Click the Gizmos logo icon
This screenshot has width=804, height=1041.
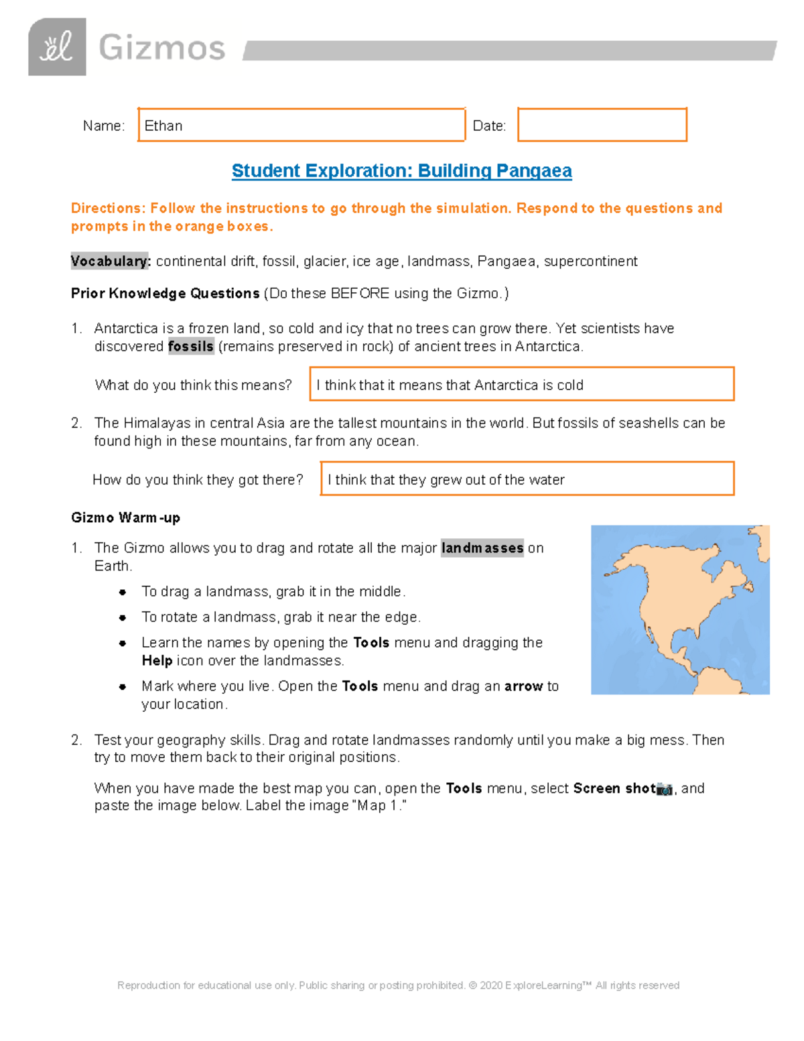click(x=57, y=47)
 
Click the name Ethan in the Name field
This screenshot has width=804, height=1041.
click(x=163, y=126)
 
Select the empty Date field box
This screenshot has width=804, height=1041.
click(x=602, y=125)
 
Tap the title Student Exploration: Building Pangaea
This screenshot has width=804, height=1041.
click(x=401, y=171)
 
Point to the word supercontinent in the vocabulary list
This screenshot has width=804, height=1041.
click(x=590, y=261)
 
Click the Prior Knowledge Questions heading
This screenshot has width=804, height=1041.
click(x=165, y=294)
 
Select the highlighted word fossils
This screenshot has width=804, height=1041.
click(x=191, y=347)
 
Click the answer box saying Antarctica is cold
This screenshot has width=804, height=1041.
click(x=521, y=385)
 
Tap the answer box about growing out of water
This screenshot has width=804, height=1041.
click(x=527, y=479)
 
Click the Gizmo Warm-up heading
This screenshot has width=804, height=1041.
click(x=125, y=517)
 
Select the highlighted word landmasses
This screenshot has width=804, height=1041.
click(x=482, y=548)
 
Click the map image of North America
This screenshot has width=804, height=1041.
click(x=679, y=609)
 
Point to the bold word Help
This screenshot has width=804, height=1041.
click(x=157, y=661)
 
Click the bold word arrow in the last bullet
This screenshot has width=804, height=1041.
click(x=523, y=686)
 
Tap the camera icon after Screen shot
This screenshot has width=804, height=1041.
click(x=664, y=789)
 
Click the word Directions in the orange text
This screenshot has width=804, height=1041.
click(x=108, y=208)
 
